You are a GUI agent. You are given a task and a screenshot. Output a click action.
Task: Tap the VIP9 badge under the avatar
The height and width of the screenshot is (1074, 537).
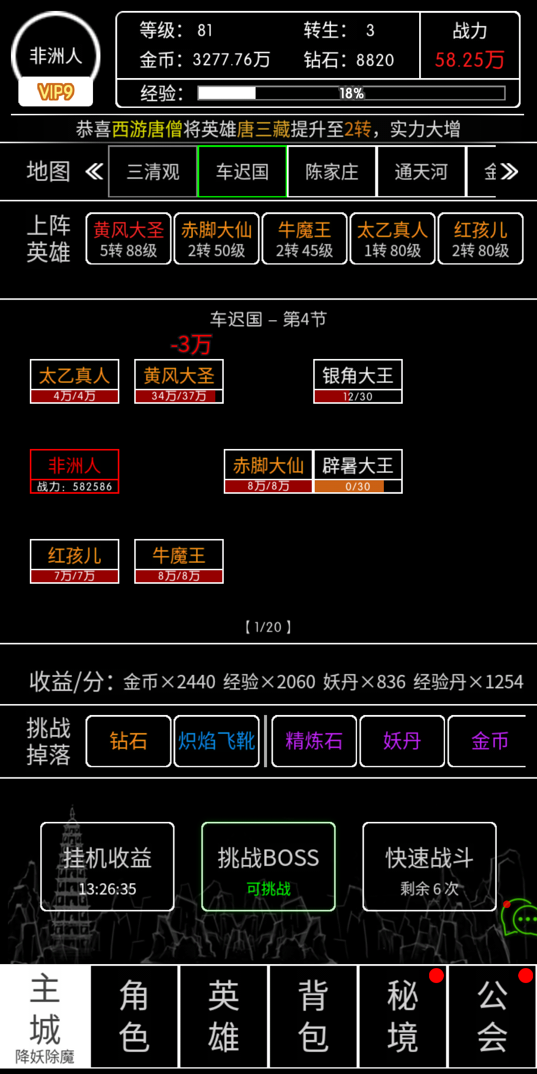click(56, 92)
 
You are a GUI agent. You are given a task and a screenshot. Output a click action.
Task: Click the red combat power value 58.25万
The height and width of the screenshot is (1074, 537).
click(469, 60)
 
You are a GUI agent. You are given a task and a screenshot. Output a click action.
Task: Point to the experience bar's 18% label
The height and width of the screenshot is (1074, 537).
click(352, 93)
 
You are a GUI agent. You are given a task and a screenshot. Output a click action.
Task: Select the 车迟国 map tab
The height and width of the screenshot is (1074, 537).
click(242, 172)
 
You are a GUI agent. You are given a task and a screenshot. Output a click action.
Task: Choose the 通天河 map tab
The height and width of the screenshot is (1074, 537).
click(421, 172)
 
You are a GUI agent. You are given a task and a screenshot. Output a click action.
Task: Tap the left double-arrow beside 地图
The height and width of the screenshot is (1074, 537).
click(94, 172)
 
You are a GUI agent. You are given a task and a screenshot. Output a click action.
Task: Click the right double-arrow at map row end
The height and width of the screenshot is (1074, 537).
click(509, 172)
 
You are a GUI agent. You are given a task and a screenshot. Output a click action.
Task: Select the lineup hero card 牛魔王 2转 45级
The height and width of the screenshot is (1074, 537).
click(304, 239)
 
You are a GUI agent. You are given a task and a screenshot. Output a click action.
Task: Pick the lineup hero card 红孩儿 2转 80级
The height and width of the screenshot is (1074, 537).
click(480, 239)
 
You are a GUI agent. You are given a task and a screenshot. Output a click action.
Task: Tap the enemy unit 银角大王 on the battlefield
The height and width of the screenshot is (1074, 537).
click(358, 381)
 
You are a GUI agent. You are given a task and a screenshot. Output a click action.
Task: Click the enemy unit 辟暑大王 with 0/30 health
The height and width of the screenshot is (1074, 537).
click(358, 471)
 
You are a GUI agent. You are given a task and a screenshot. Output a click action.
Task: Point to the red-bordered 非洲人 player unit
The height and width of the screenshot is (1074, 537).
click(75, 471)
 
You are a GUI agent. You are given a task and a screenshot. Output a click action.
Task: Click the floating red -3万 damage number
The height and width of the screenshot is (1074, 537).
click(191, 344)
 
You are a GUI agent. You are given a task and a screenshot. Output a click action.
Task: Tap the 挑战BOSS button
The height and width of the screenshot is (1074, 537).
click(268, 867)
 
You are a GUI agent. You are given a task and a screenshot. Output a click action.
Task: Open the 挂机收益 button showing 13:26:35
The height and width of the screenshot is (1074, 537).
click(107, 867)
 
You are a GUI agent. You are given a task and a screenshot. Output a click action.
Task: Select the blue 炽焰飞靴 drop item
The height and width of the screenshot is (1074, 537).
click(216, 741)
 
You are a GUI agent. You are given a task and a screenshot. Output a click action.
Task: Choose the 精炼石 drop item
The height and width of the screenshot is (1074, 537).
click(314, 741)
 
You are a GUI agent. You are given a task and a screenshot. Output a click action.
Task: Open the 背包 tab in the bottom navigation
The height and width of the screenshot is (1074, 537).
click(313, 1016)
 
